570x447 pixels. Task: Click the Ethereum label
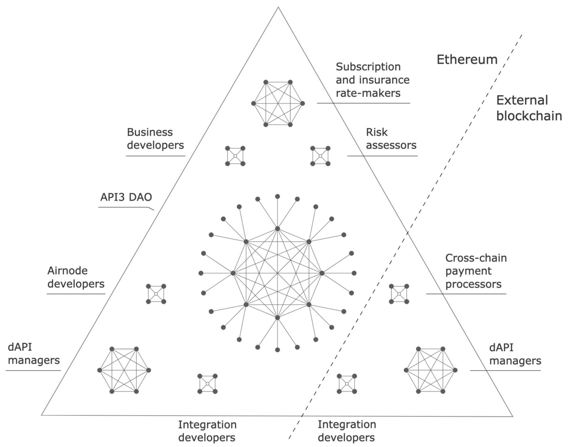467,59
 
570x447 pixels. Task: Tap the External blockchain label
528,108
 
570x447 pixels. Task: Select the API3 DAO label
126,197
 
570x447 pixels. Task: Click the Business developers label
156,139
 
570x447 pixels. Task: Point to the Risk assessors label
391,139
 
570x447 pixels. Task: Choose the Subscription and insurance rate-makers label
372,80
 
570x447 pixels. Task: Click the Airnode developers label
76,277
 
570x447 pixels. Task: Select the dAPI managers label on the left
34,354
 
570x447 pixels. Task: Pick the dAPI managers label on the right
515,354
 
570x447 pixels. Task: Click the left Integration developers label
207,431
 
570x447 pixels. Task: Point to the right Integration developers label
346,431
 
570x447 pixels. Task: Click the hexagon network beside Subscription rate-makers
278,103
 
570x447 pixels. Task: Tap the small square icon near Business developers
235,156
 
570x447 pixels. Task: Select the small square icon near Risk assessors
320,156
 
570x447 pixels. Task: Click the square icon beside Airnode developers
156,294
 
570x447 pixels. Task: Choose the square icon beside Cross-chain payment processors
399,294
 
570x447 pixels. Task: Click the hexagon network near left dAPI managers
124,370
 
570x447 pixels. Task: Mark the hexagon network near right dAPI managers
431,370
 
